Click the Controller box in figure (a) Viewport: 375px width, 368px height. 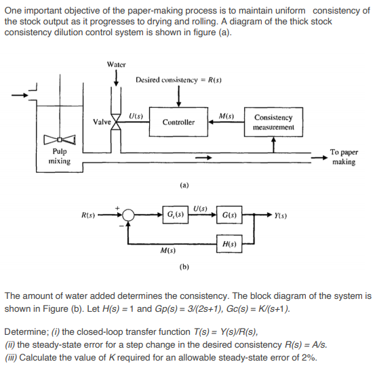pos(178,122)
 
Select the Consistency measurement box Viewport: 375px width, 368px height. pos(273,122)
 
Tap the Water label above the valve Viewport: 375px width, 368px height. pos(117,64)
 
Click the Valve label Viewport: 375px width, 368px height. pos(102,121)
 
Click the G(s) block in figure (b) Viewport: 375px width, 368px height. pos(228,216)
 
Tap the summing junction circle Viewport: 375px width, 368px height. pos(127,216)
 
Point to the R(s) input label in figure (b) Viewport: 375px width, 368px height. pos(88,216)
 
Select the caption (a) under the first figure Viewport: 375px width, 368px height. pos(184,183)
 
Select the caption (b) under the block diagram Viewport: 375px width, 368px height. pos(184,267)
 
